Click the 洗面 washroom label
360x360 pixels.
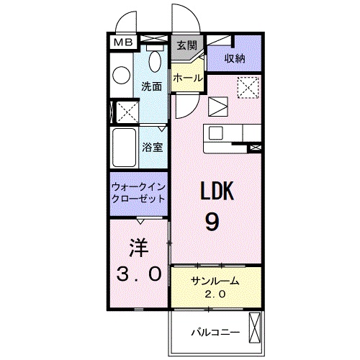[151, 86]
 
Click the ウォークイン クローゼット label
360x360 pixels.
[139, 192]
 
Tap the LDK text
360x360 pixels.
[214, 192]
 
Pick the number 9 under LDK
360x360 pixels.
[213, 222]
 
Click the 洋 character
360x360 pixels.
[138, 248]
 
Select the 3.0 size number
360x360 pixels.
[138, 274]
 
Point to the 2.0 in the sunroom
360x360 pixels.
[215, 294]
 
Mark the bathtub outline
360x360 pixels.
[123, 148]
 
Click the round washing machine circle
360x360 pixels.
[122, 74]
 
